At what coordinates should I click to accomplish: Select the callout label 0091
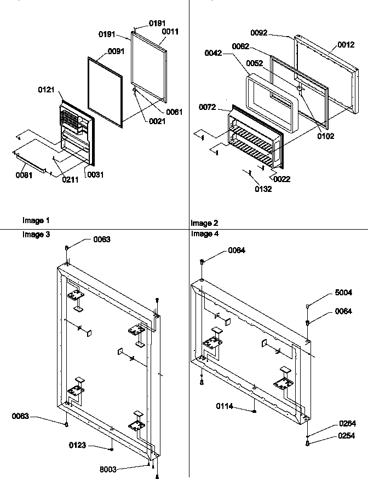116,51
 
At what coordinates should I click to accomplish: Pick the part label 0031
94,175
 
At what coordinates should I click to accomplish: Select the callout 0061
174,112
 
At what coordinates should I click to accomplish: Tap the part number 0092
259,33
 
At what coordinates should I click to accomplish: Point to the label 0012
346,45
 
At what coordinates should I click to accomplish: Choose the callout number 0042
213,53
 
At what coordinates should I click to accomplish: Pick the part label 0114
225,406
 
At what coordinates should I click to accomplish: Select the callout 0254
347,436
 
